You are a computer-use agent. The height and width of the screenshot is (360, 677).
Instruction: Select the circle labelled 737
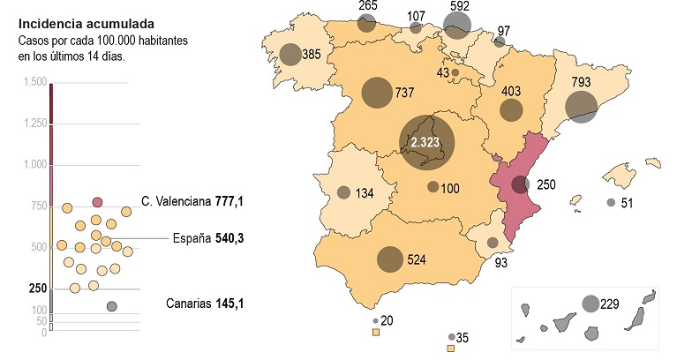click(x=377, y=93)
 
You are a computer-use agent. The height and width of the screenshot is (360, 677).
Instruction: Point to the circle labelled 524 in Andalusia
click(x=390, y=259)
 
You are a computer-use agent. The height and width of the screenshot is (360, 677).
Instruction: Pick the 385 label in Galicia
click(x=311, y=54)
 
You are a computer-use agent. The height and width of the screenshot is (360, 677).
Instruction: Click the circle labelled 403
click(x=511, y=110)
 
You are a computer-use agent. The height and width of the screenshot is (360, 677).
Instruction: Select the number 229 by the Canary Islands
click(x=610, y=304)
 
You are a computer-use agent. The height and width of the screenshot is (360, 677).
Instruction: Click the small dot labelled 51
click(x=611, y=203)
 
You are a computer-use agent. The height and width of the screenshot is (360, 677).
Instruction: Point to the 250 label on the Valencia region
click(x=546, y=184)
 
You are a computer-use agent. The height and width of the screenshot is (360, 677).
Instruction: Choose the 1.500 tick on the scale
click(x=35, y=82)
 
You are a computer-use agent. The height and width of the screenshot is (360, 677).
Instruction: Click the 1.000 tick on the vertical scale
click(x=35, y=164)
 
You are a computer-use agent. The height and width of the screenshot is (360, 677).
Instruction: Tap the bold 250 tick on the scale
click(x=37, y=289)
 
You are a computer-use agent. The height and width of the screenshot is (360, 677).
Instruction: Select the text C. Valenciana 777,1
click(x=192, y=202)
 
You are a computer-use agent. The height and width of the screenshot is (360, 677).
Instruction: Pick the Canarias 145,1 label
click(x=205, y=304)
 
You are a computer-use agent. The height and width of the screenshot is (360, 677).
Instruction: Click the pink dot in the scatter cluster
click(x=97, y=202)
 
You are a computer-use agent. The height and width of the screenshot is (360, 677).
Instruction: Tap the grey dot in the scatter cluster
click(x=112, y=306)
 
